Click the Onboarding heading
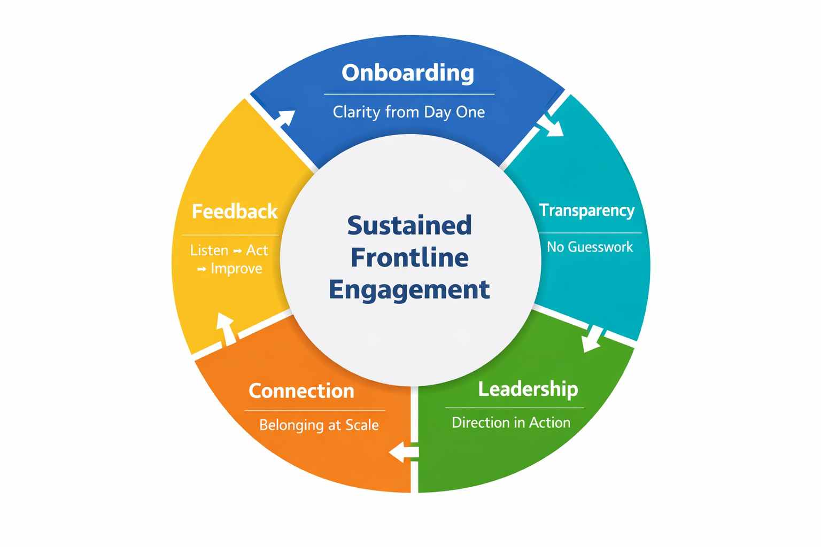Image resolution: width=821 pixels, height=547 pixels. [408, 73]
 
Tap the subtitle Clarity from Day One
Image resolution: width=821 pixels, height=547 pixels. [409, 112]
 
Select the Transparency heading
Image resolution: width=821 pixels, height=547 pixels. [586, 210]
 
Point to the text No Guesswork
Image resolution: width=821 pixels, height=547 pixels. [590, 247]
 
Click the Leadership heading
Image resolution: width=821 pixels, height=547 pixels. [528, 389]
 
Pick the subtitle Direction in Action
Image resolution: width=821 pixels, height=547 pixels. [511, 423]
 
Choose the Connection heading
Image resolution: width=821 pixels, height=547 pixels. [301, 391]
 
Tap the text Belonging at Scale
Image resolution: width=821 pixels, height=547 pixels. [319, 425]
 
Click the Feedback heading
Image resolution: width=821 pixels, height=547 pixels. [235, 212]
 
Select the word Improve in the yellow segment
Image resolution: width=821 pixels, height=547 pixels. [236, 268]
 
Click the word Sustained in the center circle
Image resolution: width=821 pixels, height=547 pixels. [409, 225]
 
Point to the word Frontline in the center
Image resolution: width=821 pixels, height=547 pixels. [409, 257]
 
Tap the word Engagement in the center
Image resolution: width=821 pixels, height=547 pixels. [409, 290]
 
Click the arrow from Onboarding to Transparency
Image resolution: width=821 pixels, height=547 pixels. [552, 126]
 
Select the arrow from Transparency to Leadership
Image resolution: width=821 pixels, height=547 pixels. [592, 339]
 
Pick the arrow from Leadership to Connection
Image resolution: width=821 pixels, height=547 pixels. [404, 452]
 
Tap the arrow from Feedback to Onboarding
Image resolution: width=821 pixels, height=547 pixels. [285, 118]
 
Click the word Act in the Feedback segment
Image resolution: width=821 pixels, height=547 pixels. [257, 250]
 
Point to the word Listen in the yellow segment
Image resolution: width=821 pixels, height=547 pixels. [209, 250]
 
